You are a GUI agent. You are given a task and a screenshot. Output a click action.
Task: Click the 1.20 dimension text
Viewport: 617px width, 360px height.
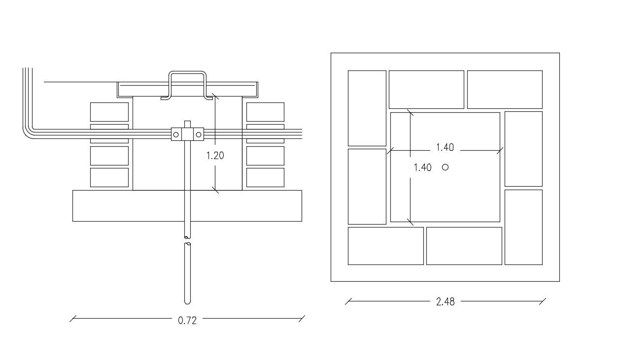[x=215, y=156]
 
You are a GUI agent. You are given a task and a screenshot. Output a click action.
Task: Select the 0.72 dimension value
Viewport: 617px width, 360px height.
[x=187, y=321]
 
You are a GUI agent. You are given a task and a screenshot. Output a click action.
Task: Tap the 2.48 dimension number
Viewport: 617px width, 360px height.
[x=445, y=302]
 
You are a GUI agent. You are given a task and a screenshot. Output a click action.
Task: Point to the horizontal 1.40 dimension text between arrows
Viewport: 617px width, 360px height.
[x=445, y=147]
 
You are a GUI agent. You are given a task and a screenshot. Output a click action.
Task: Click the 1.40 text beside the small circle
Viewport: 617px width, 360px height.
[x=422, y=167]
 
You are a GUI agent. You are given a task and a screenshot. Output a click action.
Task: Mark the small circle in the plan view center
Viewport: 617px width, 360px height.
[x=446, y=167]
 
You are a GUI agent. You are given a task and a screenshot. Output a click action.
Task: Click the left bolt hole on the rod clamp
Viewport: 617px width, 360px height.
[x=176, y=134]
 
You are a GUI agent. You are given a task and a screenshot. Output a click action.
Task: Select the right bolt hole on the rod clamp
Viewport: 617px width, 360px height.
[x=199, y=134]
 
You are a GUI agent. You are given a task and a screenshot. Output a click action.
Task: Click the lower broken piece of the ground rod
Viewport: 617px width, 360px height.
[x=187, y=273]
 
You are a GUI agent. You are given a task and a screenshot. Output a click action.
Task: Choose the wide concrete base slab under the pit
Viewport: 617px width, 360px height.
[x=187, y=206]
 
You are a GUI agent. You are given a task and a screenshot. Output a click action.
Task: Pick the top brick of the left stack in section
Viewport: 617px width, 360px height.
[x=109, y=112]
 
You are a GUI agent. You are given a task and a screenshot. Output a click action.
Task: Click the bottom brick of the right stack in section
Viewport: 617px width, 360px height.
[x=265, y=178]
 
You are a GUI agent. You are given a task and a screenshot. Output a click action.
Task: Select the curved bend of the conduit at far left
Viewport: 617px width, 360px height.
[x=29, y=132]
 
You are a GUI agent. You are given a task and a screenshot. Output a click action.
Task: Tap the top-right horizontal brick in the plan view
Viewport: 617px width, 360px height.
[x=505, y=90]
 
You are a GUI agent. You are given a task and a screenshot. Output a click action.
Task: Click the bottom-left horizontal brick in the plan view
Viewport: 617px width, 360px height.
[x=385, y=246]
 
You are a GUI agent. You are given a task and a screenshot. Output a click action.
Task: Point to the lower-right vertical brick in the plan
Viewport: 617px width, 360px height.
[x=523, y=227]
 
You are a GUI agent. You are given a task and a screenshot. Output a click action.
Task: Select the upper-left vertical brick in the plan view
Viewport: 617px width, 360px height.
[x=367, y=108]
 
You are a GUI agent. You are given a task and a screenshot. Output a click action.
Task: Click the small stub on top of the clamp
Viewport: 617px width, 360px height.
[x=187, y=124]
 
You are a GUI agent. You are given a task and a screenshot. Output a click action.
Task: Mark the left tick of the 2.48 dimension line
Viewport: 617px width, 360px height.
[x=348, y=301]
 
